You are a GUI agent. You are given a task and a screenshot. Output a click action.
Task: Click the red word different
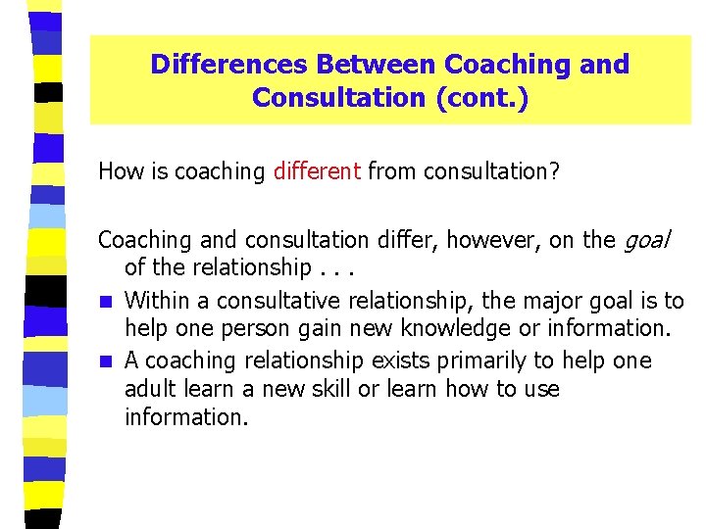[x=317, y=172]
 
